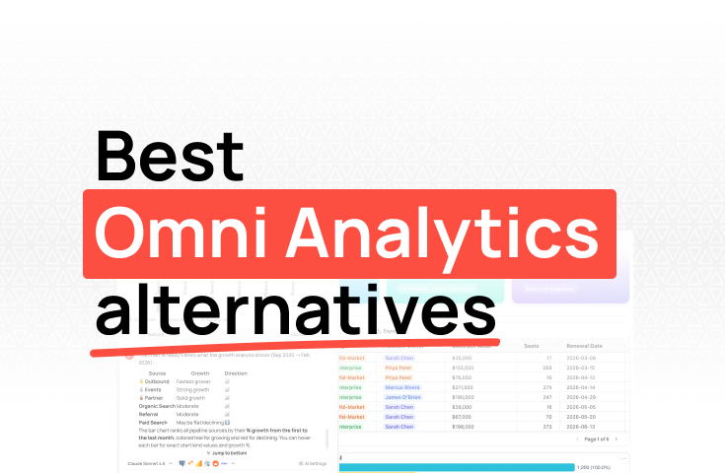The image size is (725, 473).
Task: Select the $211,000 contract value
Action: pyautogui.click(x=470, y=388)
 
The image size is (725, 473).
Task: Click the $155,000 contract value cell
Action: pyautogui.click(x=470, y=367)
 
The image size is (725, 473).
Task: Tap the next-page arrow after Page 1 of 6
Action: pyautogui.click(x=616, y=439)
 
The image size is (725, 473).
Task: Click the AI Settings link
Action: pyautogui.click(x=314, y=463)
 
